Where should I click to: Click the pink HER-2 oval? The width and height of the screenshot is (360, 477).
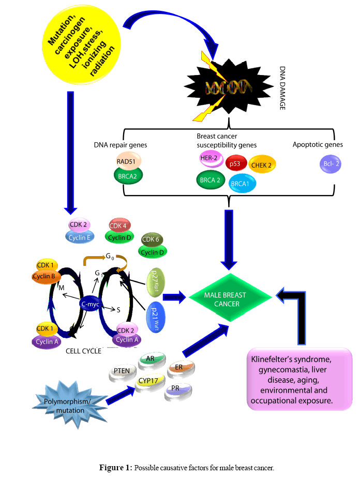(x=211, y=158)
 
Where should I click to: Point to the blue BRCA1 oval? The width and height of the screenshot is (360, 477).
(x=242, y=183)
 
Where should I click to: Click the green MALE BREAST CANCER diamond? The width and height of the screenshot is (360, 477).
(x=231, y=299)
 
